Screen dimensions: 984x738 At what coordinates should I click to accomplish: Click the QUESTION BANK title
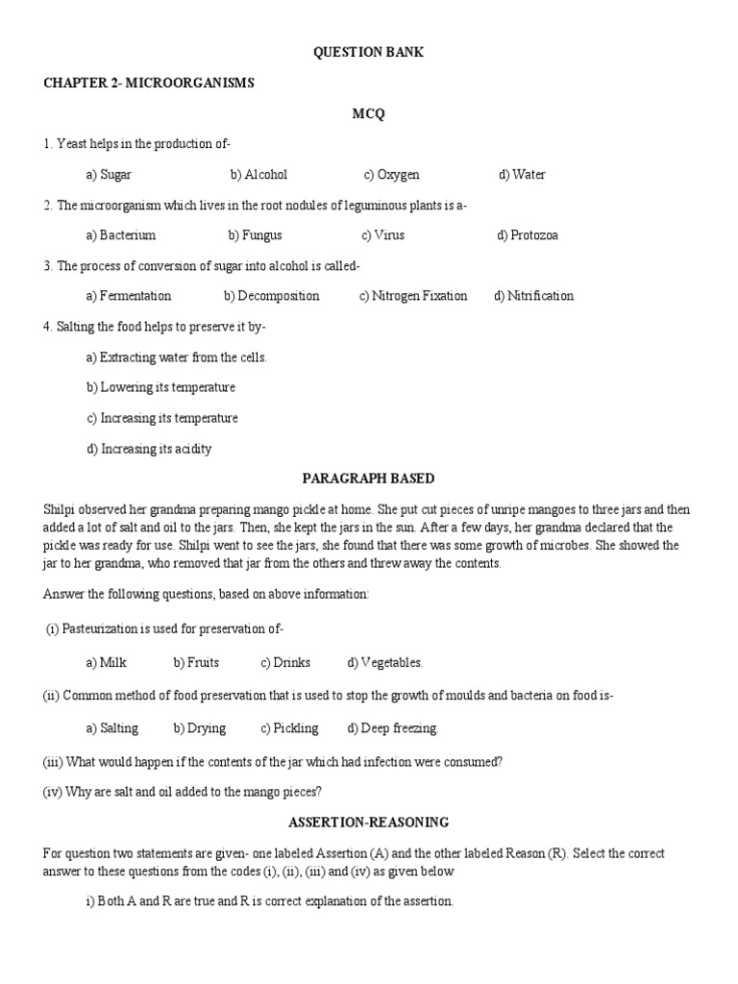368,53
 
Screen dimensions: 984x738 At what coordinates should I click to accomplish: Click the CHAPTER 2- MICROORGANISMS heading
148,84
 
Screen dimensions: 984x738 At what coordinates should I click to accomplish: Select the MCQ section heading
368,114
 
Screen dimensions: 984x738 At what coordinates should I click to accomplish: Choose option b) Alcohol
258,175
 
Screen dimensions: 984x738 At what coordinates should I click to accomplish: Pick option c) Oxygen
391,175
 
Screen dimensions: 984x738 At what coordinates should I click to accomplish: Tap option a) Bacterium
120,235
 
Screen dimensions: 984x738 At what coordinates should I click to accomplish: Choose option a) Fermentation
128,296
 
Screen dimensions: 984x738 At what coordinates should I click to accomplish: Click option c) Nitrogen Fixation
413,296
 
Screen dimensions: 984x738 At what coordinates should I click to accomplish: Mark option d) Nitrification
533,296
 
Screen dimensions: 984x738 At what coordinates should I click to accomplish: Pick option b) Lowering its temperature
160,387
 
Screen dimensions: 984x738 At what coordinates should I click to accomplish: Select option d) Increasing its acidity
149,449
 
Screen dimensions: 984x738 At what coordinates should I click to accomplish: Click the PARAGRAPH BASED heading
368,479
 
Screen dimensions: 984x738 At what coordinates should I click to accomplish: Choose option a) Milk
106,662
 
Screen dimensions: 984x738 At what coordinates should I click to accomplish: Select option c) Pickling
289,728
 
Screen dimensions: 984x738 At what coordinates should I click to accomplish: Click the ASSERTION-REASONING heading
368,823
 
